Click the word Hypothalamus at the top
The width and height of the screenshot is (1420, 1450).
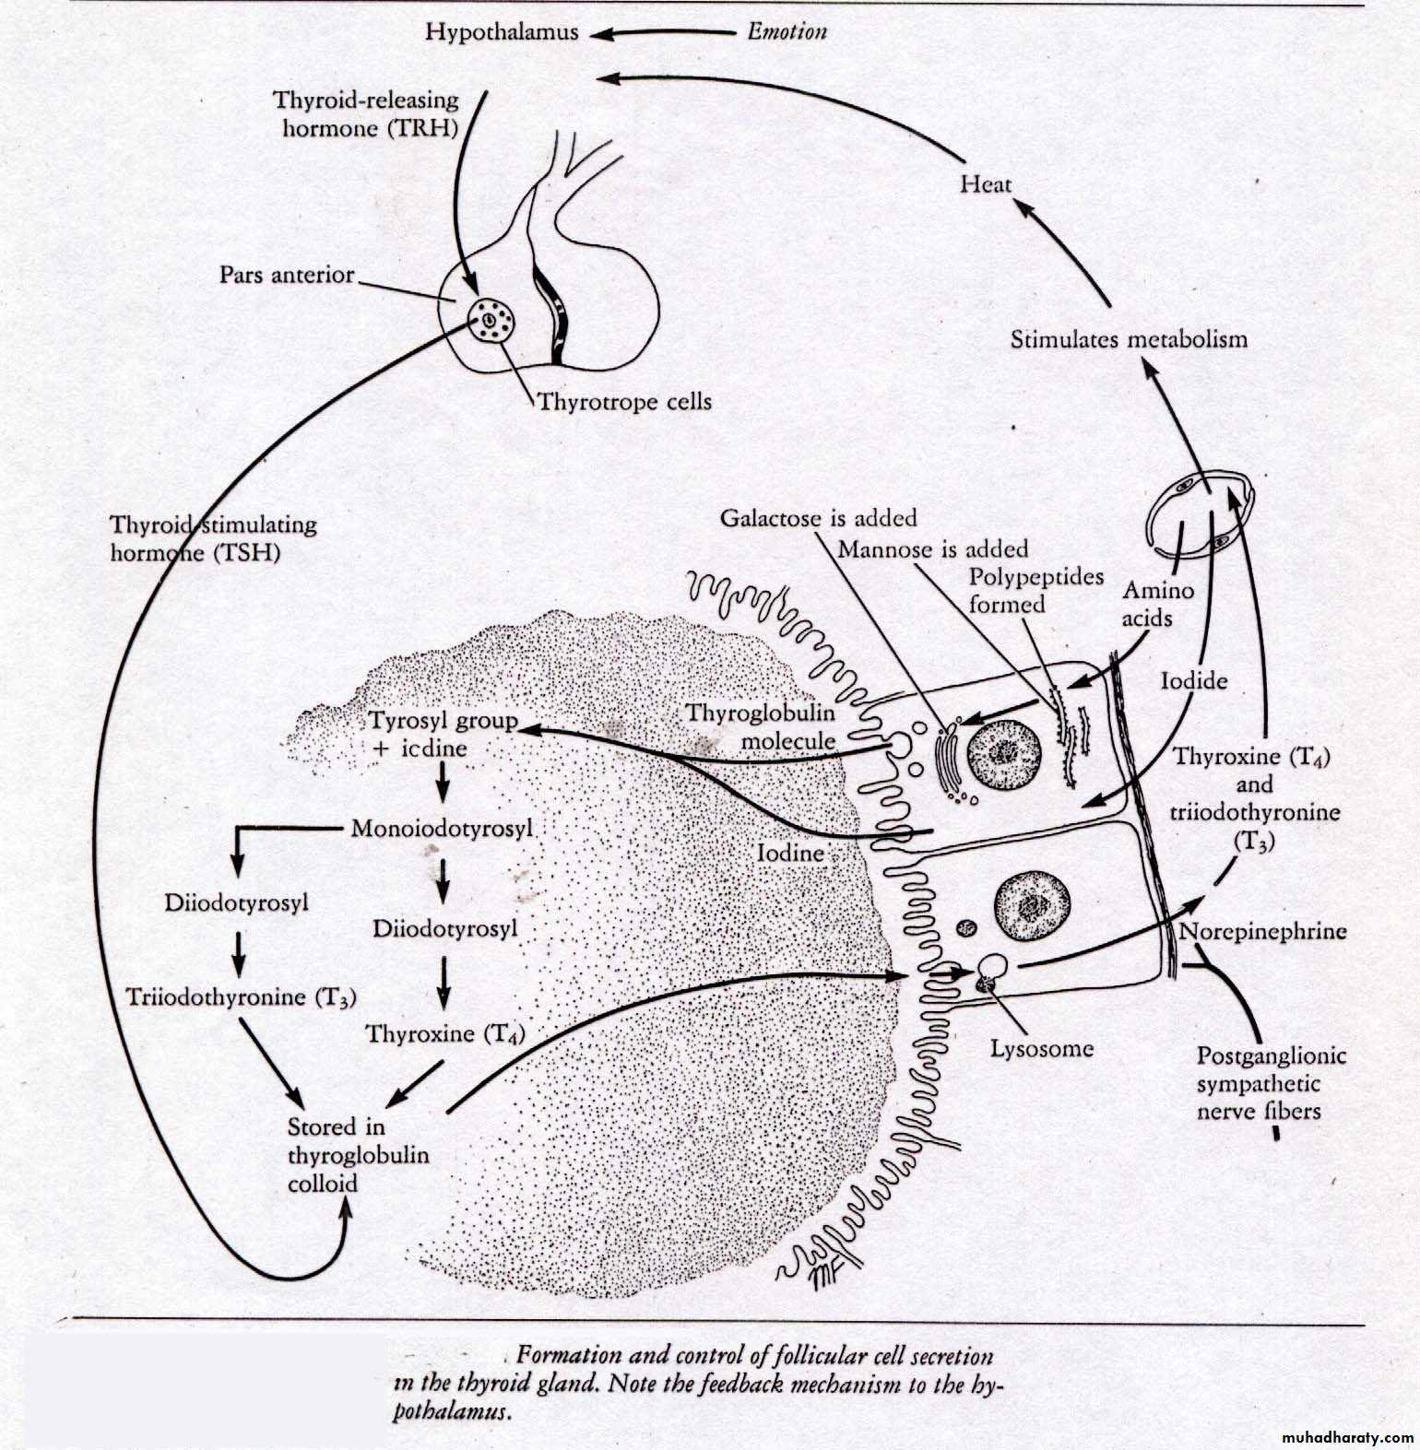(502, 32)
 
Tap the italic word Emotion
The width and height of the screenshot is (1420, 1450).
(787, 32)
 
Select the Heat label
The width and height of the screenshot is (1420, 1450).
(986, 184)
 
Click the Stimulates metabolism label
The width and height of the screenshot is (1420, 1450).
(1129, 339)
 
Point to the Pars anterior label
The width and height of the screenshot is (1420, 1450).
(287, 275)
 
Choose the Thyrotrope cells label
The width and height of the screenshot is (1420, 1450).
(624, 402)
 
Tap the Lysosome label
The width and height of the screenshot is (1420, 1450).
(1042, 1048)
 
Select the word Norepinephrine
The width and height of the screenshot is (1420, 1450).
(1263, 931)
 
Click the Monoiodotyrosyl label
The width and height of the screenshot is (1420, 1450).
(443, 829)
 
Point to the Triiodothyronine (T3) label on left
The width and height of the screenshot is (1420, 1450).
(242, 996)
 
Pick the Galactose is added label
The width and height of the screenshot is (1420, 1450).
(818, 518)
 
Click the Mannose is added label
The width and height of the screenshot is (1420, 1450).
(932, 549)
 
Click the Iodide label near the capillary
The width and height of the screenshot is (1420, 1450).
(1193, 681)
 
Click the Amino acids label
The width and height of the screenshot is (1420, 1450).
(1157, 604)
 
